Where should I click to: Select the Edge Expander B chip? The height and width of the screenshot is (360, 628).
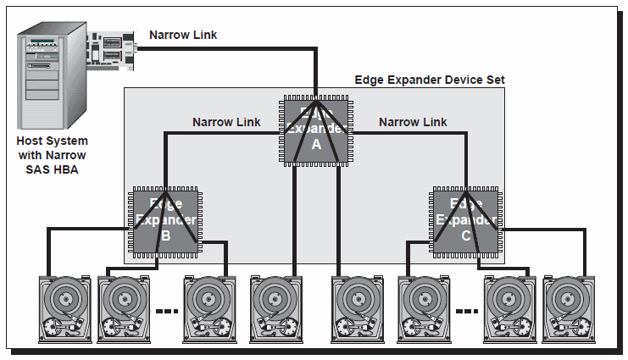pos(165,221)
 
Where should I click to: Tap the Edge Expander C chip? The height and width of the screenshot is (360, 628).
pos(464,221)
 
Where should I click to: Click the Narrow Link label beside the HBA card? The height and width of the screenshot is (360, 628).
pos(183,35)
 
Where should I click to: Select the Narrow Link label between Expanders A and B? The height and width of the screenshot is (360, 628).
pos(226,122)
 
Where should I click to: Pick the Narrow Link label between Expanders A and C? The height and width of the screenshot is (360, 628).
pos(413,122)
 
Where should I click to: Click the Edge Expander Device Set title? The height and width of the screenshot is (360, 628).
pos(430,80)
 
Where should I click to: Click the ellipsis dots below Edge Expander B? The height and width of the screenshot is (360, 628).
pos(166,311)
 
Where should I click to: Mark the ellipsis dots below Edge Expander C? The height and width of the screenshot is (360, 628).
pos(465,311)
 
